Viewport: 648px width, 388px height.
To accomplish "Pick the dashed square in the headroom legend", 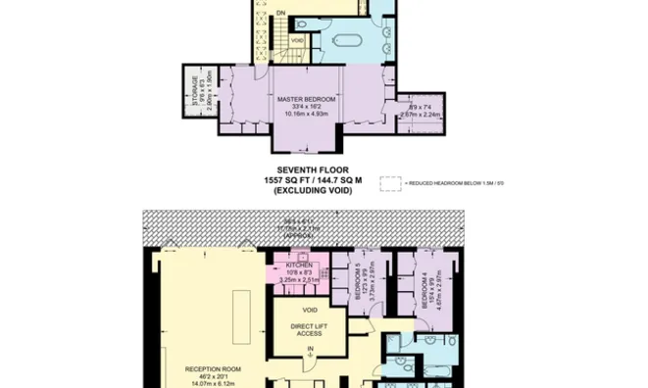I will point(391,181).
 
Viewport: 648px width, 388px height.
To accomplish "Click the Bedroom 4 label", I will point(424,291).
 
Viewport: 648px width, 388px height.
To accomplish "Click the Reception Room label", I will point(214,369).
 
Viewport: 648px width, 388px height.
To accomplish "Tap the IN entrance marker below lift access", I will point(309,349).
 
